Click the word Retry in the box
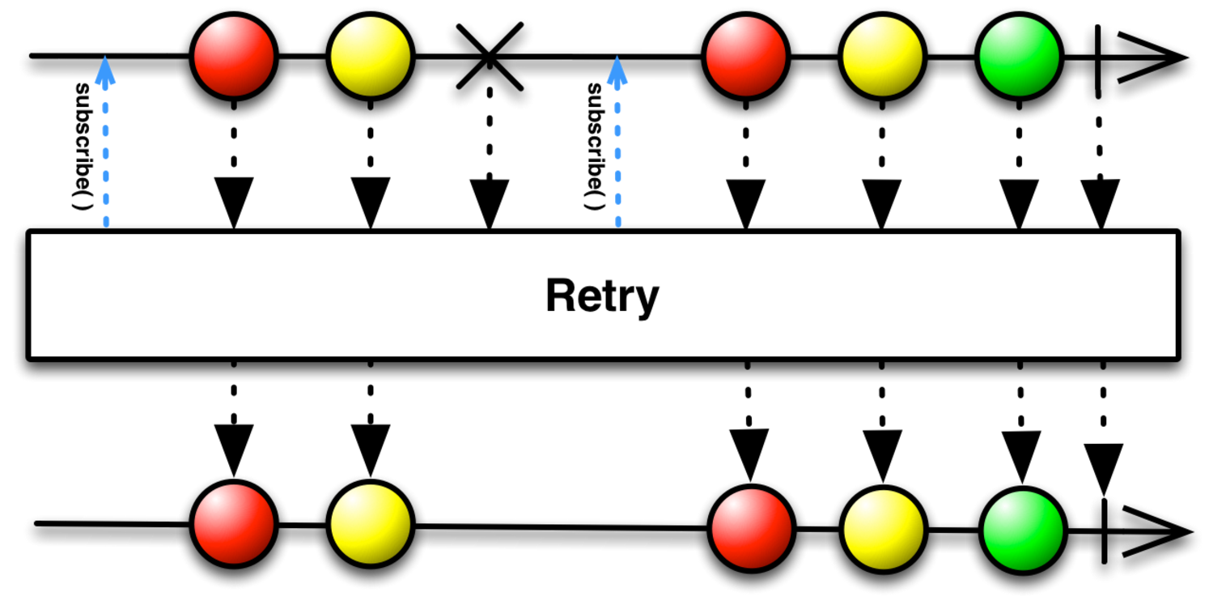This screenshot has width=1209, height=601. click(602, 296)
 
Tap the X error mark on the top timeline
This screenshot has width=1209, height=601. click(489, 56)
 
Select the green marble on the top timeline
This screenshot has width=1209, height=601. click(1018, 58)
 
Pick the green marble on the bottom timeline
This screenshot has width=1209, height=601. click(1023, 530)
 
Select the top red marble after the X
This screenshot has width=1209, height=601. click(745, 58)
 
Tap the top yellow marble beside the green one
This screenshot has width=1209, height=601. click(881, 58)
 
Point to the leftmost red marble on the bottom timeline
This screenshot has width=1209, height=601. click(234, 523)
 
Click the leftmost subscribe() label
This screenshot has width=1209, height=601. click(82, 146)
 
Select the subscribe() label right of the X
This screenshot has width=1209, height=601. click(595, 146)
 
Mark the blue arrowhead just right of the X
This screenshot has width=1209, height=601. click(617, 70)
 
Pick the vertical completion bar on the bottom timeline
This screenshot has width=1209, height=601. click(1105, 531)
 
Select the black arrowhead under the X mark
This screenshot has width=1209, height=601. click(490, 202)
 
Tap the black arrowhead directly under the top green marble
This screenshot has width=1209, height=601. click(1019, 202)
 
